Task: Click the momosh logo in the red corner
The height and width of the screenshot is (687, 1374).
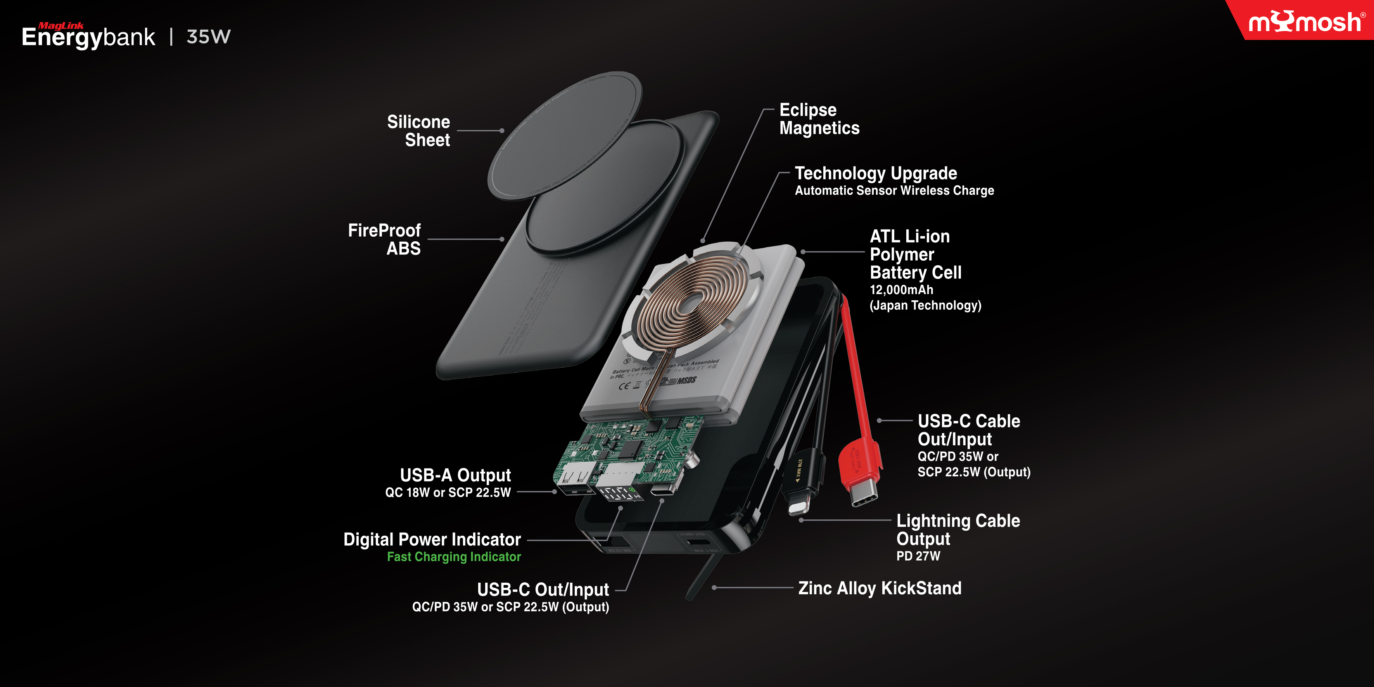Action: tap(1305, 22)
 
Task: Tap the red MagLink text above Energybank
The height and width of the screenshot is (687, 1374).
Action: tap(61, 26)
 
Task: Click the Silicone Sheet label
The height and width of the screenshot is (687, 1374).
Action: tap(419, 131)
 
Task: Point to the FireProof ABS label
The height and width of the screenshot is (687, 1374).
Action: tap(385, 239)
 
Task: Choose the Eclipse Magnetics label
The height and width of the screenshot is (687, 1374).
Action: tap(819, 119)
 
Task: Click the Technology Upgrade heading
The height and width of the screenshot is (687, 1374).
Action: tap(876, 173)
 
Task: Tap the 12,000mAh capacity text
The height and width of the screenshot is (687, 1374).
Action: tap(901, 290)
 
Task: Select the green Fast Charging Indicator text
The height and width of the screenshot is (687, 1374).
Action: tap(454, 557)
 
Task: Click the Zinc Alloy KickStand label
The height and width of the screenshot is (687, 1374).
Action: tap(880, 588)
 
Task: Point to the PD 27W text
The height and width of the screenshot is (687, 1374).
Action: tap(918, 556)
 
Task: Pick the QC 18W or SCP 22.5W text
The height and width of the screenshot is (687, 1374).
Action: tap(448, 493)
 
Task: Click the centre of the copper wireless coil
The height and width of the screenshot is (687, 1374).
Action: tap(690, 304)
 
